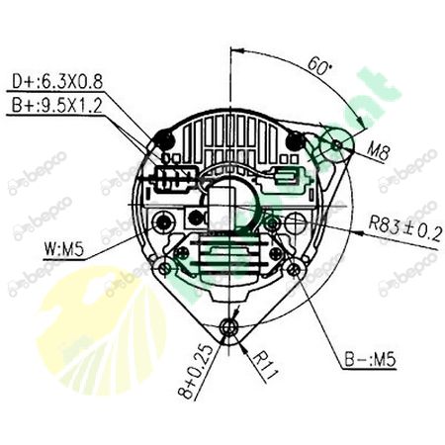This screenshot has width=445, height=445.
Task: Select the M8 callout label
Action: [x=378, y=151]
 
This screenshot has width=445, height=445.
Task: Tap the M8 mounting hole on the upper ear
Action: [x=339, y=145]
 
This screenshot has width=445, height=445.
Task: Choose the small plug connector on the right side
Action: [x=285, y=180]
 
